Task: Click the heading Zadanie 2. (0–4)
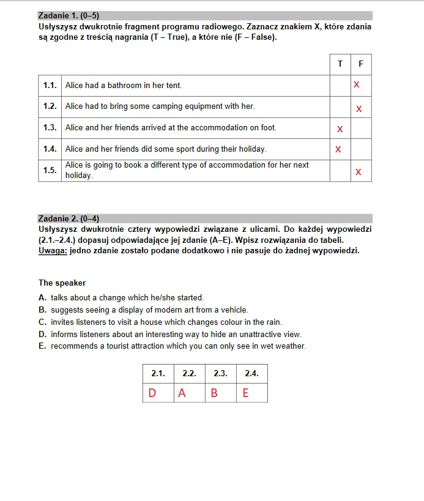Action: (68, 218)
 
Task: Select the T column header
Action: (340, 64)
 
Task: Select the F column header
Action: (361, 64)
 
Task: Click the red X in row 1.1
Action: (357, 84)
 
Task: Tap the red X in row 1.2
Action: (359, 109)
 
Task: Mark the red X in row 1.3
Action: (340, 129)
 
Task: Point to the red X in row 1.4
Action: (338, 149)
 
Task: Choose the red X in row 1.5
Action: (359, 172)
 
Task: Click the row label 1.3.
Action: (50, 128)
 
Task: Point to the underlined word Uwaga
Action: (53, 251)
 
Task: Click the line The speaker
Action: (62, 283)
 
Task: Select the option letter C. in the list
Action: (42, 322)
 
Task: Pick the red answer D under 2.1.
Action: (152, 393)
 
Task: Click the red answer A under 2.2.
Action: (182, 393)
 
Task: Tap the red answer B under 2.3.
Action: (214, 393)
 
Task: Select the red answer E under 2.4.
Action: (245, 393)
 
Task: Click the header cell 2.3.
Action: (220, 373)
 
